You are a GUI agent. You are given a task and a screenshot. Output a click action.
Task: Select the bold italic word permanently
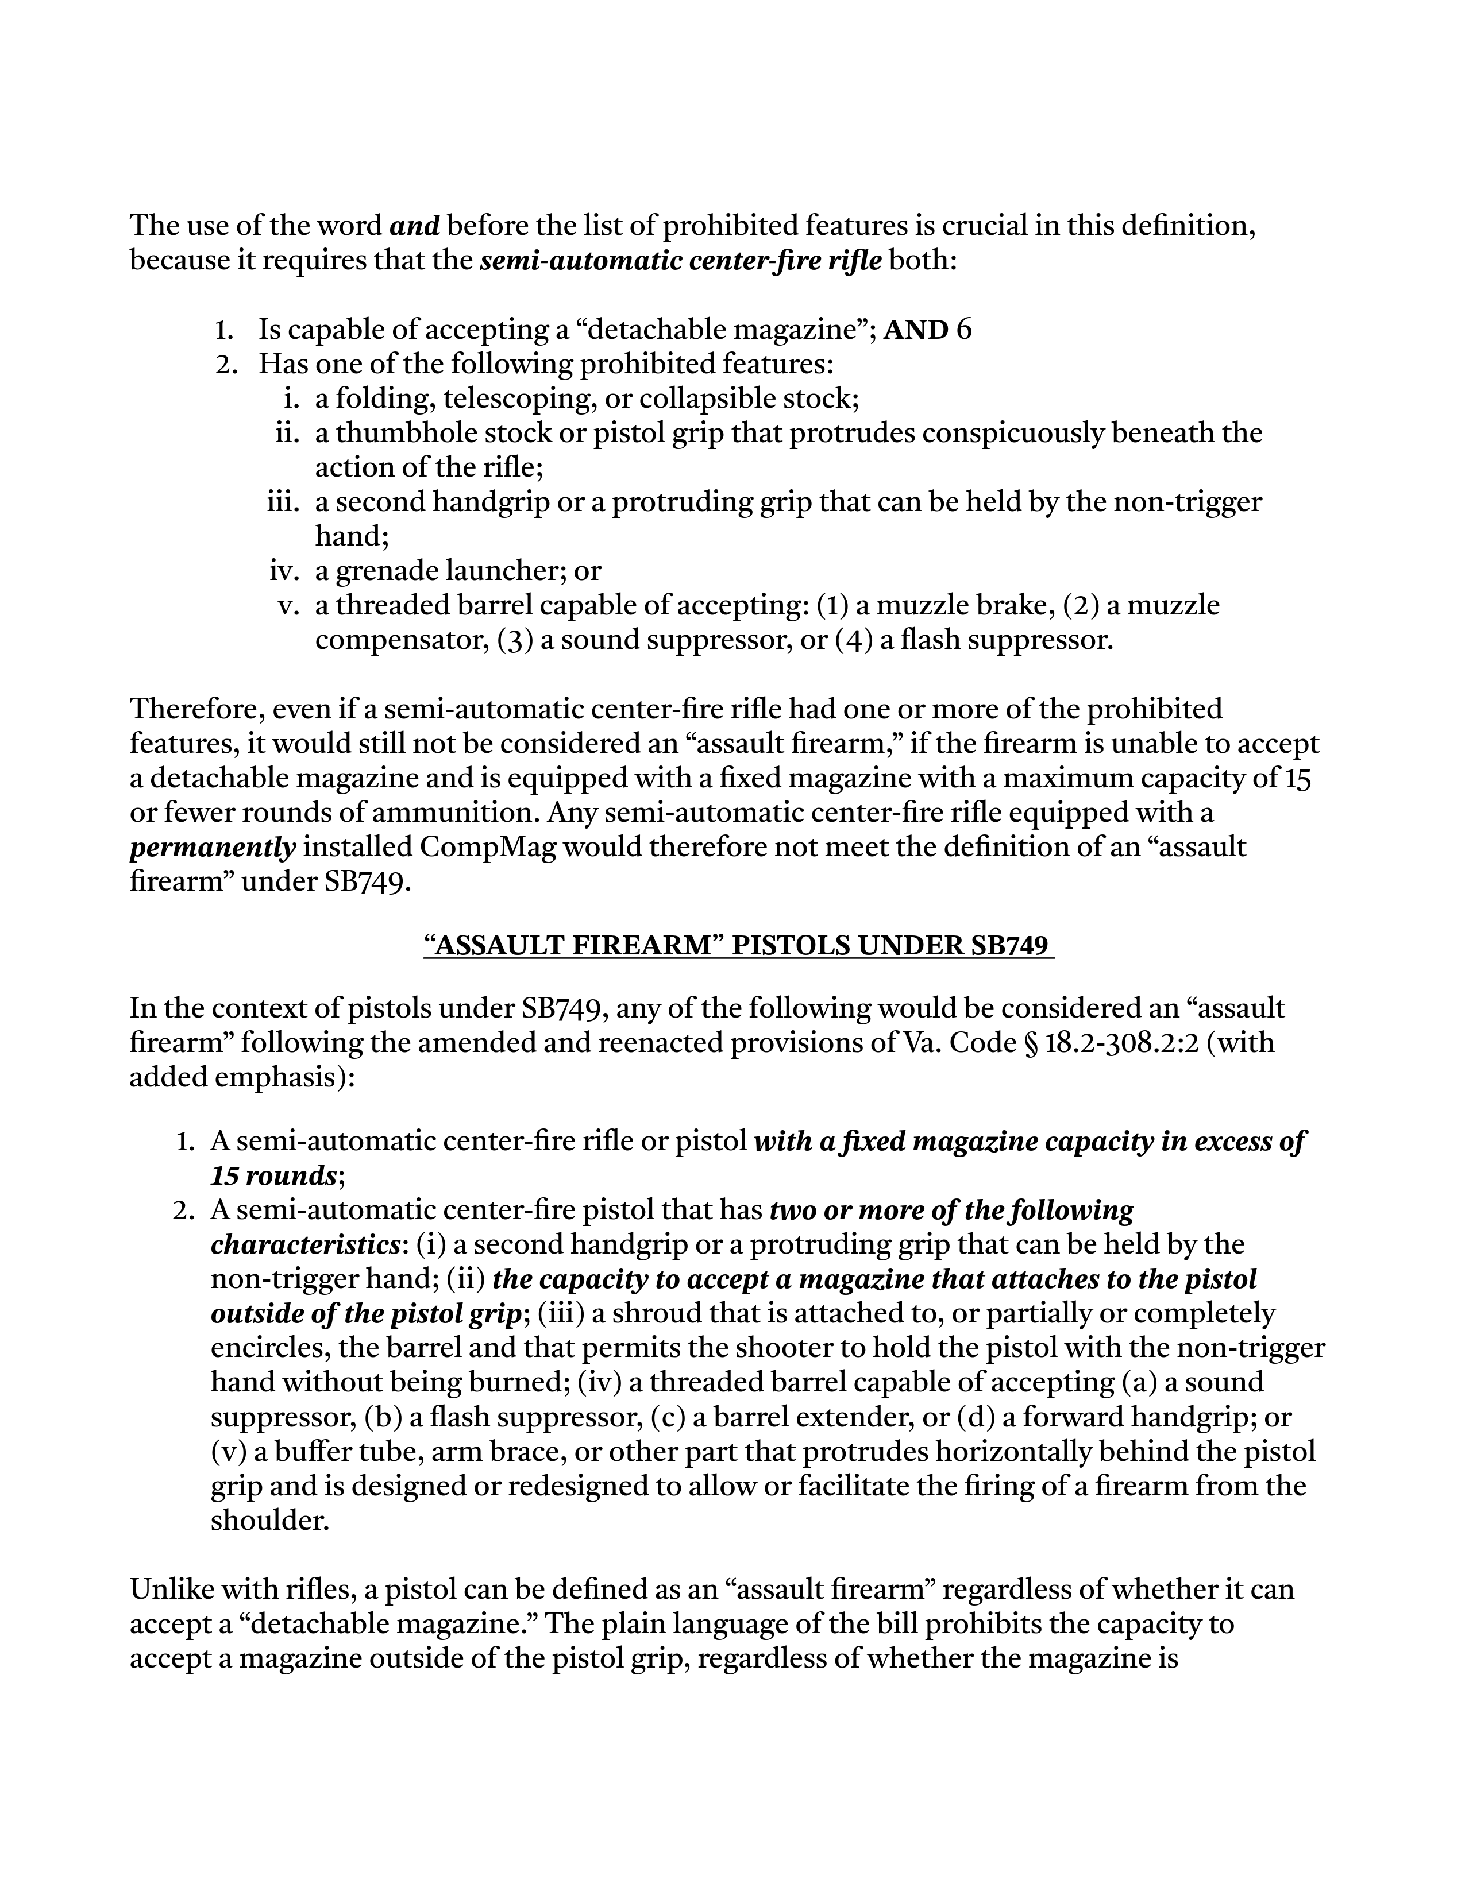(x=213, y=848)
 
